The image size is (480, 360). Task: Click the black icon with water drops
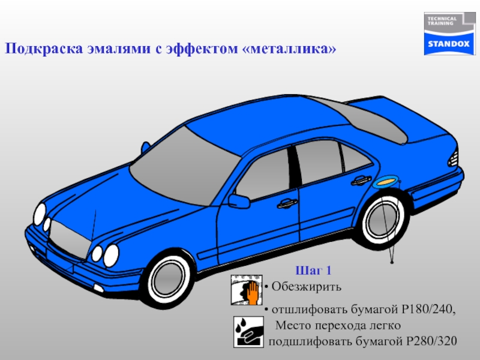click(x=247, y=332)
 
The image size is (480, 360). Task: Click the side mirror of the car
click(x=239, y=201)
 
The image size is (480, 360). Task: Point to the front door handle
click(x=286, y=204)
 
